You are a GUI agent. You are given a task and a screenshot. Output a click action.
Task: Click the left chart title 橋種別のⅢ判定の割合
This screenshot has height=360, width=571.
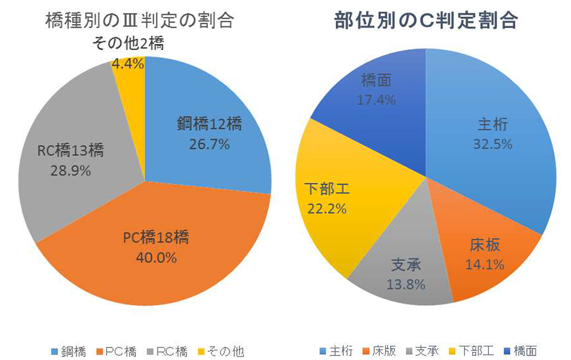(x=139, y=21)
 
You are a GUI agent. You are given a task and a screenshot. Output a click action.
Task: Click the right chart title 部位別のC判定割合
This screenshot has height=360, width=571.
(x=426, y=21)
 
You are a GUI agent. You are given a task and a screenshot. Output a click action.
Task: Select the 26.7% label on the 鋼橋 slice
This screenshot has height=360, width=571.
(x=209, y=145)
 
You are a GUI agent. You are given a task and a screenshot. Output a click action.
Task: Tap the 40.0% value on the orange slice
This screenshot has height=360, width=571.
(x=156, y=257)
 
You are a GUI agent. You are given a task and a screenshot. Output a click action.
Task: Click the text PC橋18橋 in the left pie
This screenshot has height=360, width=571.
(x=156, y=237)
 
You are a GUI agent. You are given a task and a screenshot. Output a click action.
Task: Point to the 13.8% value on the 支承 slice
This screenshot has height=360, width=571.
(x=406, y=284)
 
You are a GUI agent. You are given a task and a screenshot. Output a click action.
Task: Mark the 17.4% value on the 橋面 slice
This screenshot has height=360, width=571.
(x=376, y=101)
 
